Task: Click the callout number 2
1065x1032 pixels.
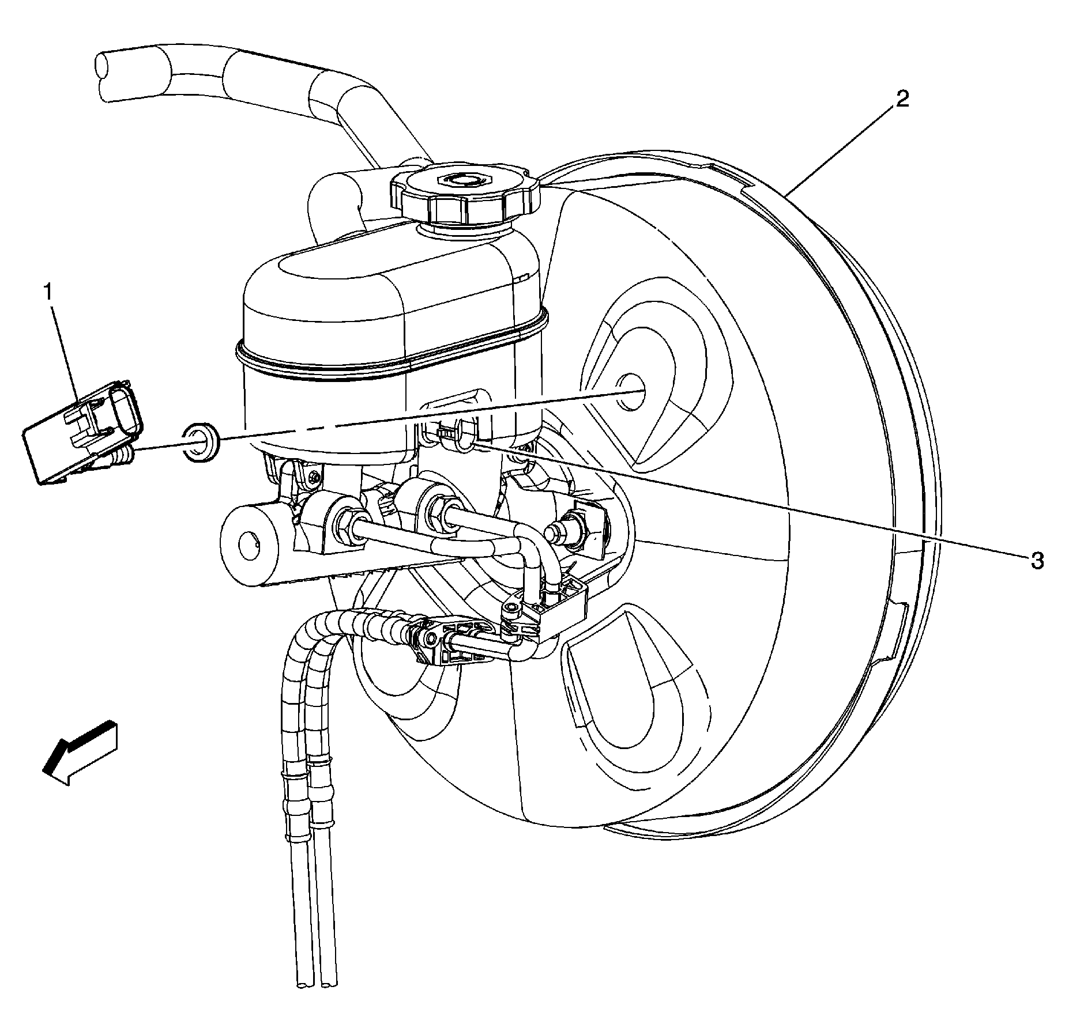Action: click(902, 100)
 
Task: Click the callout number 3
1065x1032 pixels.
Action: click(1037, 560)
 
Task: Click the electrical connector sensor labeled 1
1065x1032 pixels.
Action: click(81, 432)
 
